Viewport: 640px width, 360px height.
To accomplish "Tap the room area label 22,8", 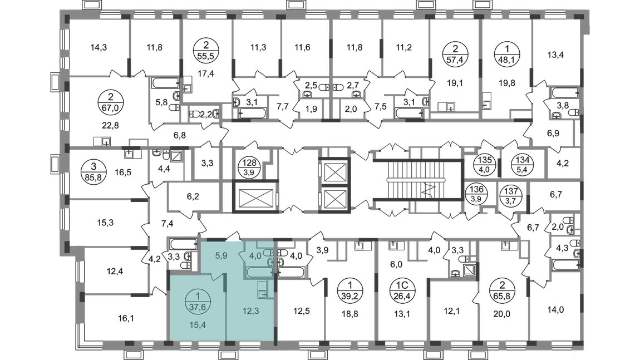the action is (x=110, y=125).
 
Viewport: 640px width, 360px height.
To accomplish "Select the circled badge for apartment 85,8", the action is (x=93, y=172).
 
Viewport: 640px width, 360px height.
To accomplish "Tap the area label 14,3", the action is (x=99, y=47).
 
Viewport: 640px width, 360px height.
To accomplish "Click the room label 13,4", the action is (x=555, y=55).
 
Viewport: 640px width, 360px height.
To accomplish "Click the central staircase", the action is (x=417, y=180).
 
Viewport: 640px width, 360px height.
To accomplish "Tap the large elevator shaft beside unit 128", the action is (x=255, y=198).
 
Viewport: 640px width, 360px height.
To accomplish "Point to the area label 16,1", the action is (x=126, y=318).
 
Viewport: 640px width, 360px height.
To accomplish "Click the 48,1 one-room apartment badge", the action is (x=507, y=55).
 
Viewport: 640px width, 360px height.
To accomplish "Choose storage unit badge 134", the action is (x=523, y=164).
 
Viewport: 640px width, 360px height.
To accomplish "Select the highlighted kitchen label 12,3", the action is (x=250, y=311).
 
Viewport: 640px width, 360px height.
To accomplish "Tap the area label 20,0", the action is (x=501, y=314).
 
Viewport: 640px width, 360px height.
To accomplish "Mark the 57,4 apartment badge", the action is (x=455, y=55).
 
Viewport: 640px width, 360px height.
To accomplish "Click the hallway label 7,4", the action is (x=168, y=223).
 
